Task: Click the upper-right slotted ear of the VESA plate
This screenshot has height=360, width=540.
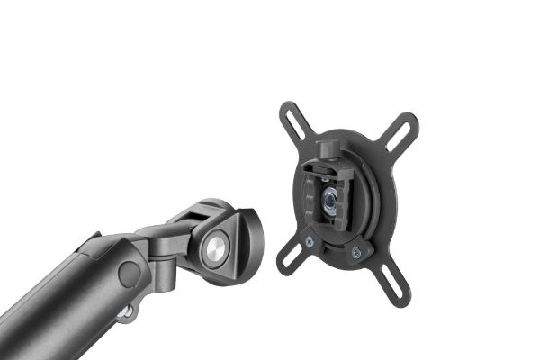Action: [x=401, y=130]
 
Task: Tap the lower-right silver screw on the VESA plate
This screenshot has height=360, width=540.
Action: [x=355, y=253]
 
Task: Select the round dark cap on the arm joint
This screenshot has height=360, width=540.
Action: [x=129, y=273]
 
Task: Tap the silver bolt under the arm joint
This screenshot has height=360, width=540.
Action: [x=127, y=311]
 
